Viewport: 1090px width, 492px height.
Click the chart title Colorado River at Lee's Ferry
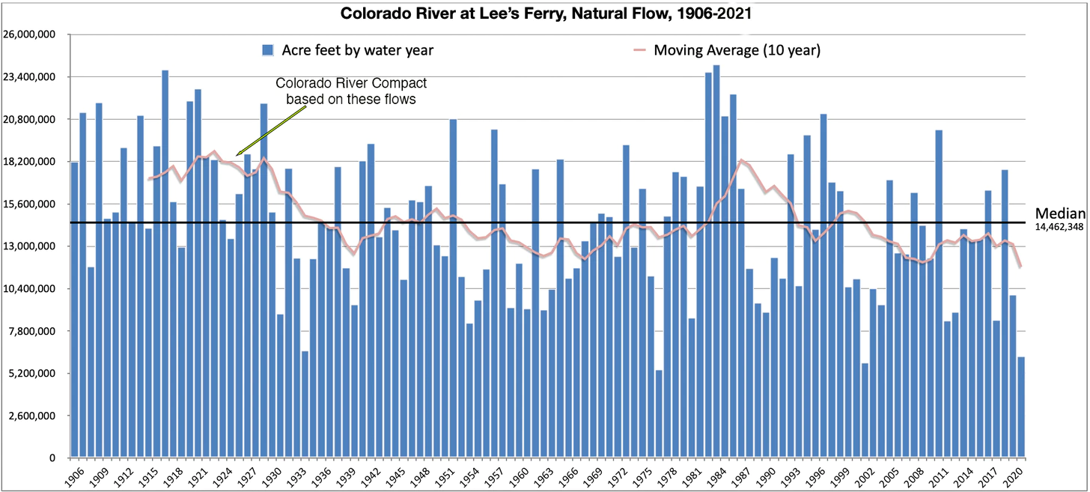[544, 13]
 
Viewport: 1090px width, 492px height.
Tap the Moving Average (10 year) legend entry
[737, 50]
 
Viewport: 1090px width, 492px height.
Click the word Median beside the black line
[1061, 213]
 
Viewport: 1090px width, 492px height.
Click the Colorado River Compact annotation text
[351, 91]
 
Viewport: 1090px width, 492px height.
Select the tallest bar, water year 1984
[716, 262]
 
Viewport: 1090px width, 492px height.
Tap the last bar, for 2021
[1021, 407]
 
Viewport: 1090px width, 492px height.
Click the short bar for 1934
[305, 404]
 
